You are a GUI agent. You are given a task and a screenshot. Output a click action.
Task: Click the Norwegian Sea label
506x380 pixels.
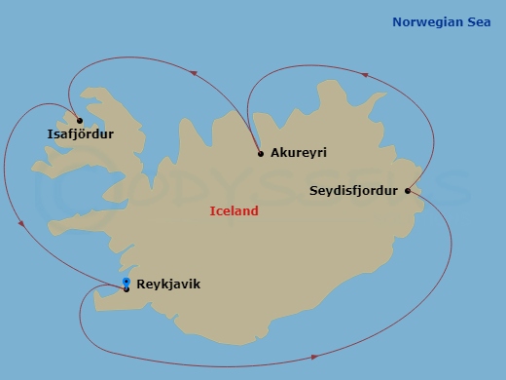[x=443, y=21]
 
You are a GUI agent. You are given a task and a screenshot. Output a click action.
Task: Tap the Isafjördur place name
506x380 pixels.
[x=80, y=133]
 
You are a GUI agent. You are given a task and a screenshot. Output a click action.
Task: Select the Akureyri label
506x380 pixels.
[x=300, y=154]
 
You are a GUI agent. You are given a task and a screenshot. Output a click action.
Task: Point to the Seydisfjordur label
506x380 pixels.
[x=353, y=190]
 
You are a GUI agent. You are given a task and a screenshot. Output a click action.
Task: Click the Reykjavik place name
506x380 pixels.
[x=168, y=285]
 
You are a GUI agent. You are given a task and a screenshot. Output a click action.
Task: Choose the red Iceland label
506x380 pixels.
[x=235, y=210]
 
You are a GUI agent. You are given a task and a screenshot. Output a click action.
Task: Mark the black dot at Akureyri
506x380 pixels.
[x=261, y=154]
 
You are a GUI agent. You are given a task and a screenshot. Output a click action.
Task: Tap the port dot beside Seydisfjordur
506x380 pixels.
[x=408, y=190]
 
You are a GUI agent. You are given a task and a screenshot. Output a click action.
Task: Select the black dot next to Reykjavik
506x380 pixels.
[x=126, y=288]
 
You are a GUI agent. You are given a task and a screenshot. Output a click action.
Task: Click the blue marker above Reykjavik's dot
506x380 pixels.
[x=126, y=282]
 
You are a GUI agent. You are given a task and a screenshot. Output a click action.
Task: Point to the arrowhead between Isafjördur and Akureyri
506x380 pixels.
[x=195, y=73]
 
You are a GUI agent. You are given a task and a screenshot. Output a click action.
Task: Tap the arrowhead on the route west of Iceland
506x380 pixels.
[x=21, y=223]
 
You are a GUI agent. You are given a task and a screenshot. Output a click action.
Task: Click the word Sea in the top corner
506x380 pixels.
[x=479, y=21]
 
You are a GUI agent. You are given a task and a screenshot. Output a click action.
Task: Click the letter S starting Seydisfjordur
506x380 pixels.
[x=313, y=190]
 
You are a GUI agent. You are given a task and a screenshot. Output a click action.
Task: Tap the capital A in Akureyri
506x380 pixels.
[x=275, y=154]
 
